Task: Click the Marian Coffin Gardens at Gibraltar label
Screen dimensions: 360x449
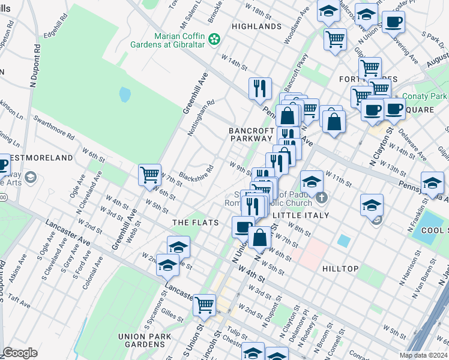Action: point(179,40)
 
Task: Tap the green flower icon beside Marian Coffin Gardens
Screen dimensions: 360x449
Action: point(214,40)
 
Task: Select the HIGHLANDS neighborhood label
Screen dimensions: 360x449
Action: point(256,26)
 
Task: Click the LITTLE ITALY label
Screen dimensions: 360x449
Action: point(301,215)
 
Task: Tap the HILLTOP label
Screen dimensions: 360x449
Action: point(340,269)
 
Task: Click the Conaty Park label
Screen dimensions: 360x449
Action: point(425,96)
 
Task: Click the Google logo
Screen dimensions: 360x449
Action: point(20,353)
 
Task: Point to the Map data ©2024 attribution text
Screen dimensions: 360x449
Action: point(424,355)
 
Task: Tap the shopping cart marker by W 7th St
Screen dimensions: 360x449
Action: point(149,175)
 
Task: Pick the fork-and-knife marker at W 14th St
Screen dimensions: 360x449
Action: point(260,88)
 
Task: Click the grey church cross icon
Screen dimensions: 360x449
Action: point(321,197)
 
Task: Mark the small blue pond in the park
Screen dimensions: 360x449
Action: point(125,94)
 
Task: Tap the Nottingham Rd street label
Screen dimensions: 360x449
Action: point(201,109)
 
